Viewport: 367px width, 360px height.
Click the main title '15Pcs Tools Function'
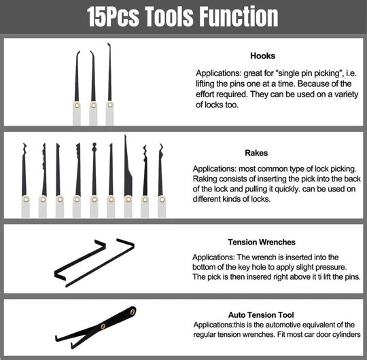tap(183, 17)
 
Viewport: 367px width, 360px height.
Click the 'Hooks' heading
tap(262, 56)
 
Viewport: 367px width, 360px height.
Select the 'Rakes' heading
tap(256, 153)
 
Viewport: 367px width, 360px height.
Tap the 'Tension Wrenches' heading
tap(262, 242)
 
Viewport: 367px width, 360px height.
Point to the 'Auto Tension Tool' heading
tap(261, 315)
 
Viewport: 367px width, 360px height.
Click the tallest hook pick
tap(109, 84)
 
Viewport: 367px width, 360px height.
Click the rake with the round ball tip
tap(94, 180)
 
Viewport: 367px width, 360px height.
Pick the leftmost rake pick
tap(24, 180)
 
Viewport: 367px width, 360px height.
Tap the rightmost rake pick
tap(161, 181)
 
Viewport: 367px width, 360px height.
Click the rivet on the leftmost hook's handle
tap(77, 105)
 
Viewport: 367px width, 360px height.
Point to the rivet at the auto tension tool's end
tap(133, 312)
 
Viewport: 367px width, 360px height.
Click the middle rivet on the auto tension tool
tap(103, 326)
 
